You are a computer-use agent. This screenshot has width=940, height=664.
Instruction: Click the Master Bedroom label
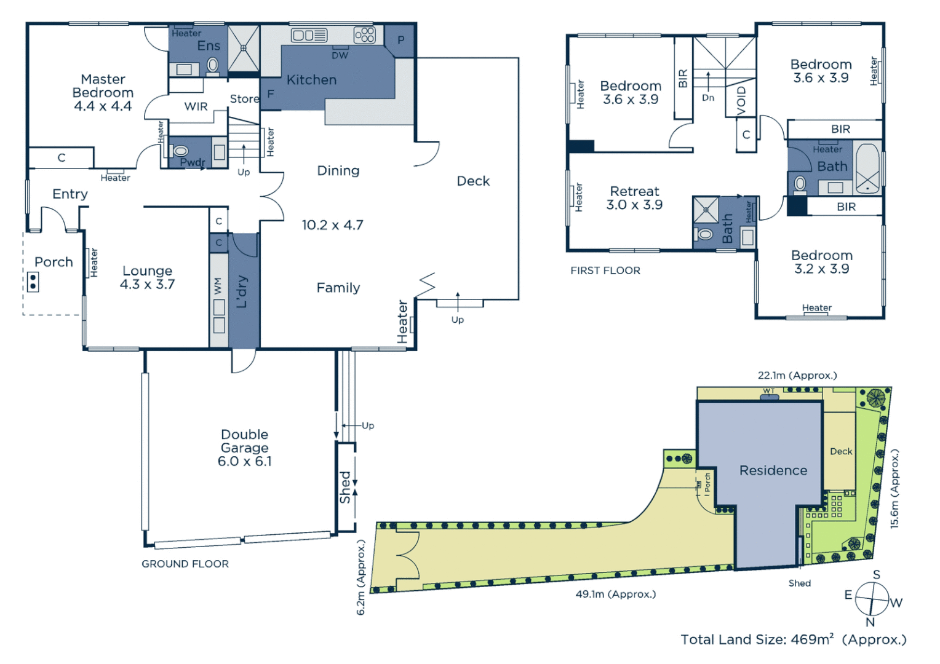(x=103, y=92)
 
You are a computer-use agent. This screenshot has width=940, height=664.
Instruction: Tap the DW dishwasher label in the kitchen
(x=340, y=55)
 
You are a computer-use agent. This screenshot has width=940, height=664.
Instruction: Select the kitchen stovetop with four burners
(x=364, y=34)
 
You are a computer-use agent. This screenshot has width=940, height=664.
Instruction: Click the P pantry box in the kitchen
(x=400, y=41)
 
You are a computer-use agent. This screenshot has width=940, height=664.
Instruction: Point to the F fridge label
(x=270, y=95)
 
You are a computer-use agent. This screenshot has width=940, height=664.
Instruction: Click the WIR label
(x=196, y=106)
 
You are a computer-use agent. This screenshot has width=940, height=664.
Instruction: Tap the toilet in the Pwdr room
(x=180, y=151)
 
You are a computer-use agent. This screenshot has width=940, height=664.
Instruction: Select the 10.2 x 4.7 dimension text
(x=332, y=225)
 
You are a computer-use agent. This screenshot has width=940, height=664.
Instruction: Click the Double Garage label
(x=244, y=448)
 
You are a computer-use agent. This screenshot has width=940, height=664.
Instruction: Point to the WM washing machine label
(x=218, y=286)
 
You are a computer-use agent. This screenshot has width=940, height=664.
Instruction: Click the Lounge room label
(x=147, y=277)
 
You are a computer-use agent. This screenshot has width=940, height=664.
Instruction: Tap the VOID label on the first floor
(x=741, y=100)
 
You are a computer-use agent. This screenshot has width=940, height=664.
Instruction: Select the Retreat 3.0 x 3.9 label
(x=634, y=198)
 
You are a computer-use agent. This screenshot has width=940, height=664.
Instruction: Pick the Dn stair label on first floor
(x=708, y=98)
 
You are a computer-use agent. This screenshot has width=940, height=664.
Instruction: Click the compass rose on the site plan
(x=872, y=598)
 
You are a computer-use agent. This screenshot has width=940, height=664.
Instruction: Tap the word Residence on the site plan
(x=773, y=470)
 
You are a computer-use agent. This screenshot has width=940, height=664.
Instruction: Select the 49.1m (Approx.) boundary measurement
(x=615, y=594)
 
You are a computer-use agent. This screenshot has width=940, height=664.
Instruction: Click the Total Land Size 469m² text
(x=793, y=639)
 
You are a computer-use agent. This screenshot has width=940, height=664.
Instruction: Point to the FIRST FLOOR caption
(x=605, y=271)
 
